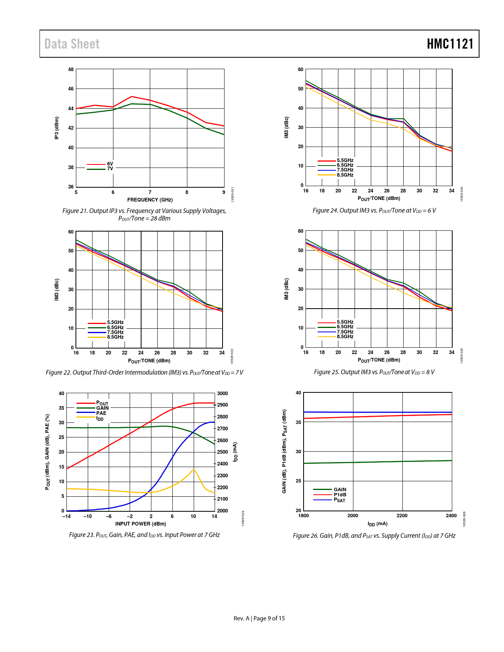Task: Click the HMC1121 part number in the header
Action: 450,44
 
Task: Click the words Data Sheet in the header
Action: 72,44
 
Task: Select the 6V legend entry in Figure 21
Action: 109,164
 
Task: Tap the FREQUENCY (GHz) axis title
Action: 150,200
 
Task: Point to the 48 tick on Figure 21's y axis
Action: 71,70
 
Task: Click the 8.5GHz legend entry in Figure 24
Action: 345,175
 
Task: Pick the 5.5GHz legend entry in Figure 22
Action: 115,322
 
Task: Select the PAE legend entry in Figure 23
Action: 101,413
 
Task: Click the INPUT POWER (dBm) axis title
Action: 140,524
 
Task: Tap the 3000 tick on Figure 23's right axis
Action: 223,394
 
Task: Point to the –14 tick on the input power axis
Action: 66,516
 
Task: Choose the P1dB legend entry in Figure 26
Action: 340,495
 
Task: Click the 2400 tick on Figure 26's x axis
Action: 451,516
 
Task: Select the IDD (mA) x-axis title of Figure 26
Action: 378,524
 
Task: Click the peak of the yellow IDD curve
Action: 193,470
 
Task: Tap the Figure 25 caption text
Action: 374,372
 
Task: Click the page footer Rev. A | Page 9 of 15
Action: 259,618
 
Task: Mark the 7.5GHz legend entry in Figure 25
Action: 345,332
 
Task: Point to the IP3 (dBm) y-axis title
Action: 57,128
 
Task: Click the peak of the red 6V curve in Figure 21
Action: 131,96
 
